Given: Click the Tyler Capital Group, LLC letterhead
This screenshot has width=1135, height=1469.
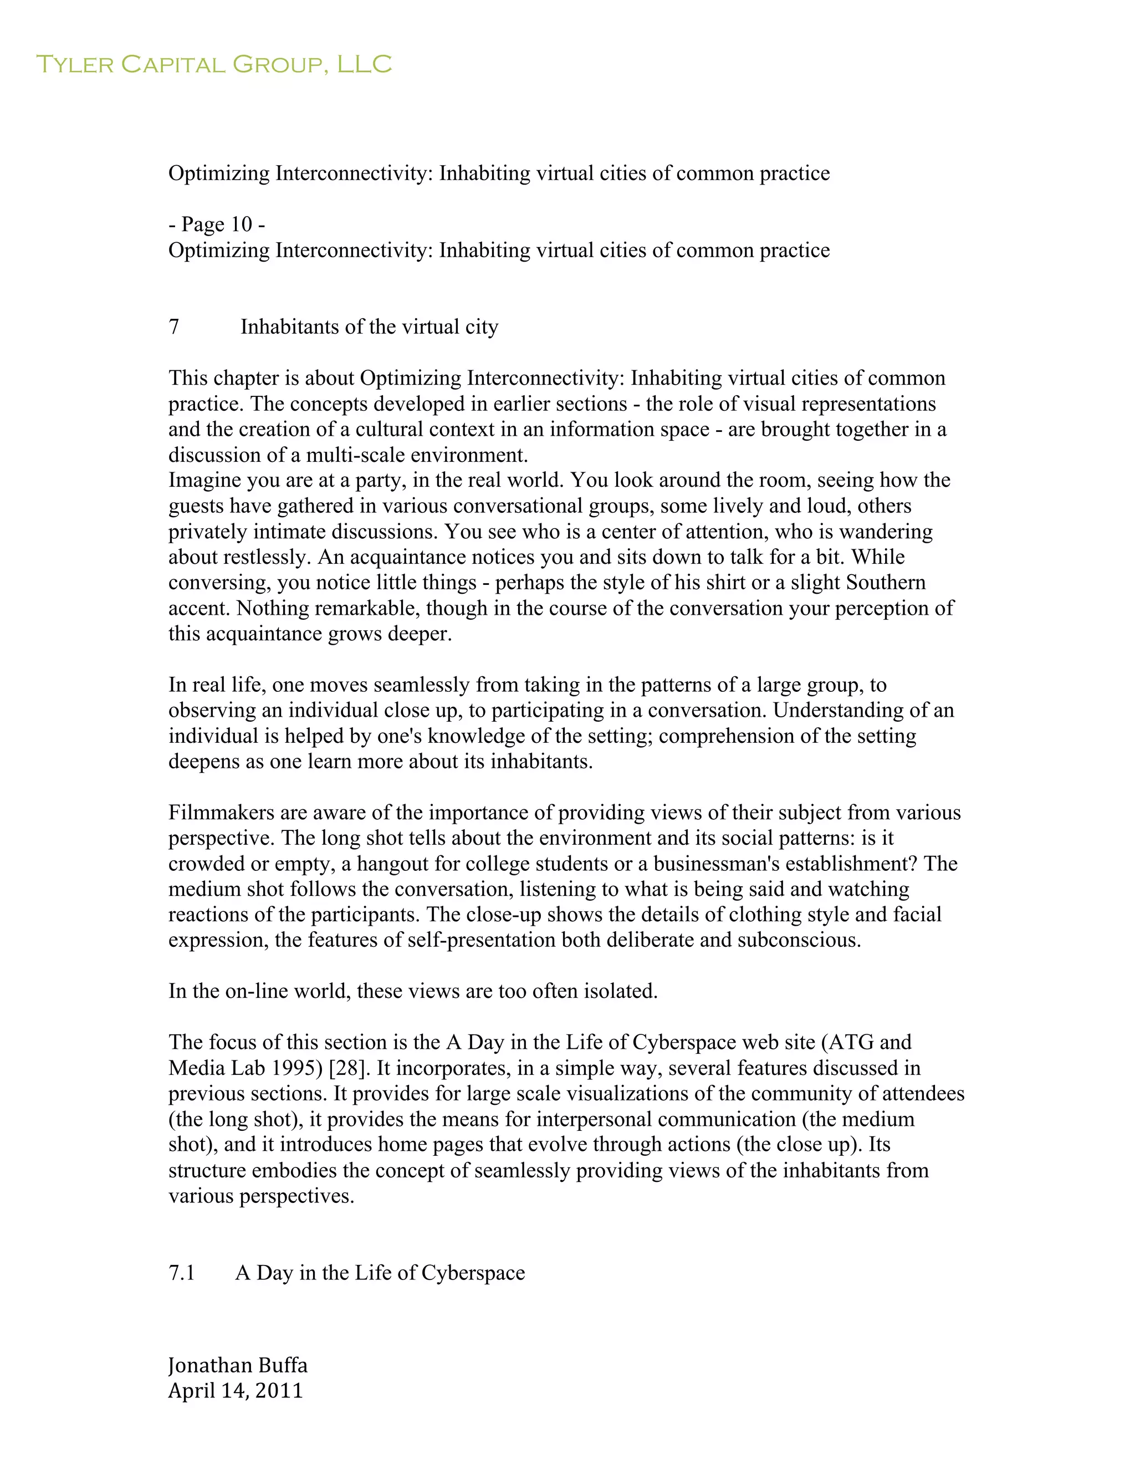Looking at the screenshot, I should coord(213,64).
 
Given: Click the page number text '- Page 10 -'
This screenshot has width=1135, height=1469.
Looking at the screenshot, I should coord(217,224).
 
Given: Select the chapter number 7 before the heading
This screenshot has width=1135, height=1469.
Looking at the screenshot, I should coord(173,327).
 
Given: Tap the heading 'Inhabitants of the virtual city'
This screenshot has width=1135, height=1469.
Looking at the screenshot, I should coord(369,327).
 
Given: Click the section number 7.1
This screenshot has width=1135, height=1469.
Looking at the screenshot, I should coord(182,1273).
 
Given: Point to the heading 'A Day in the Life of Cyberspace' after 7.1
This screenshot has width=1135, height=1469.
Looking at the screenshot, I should coord(380,1273).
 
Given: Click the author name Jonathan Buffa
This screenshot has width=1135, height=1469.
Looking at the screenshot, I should coord(238,1365).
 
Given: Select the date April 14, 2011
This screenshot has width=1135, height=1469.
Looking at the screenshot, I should coord(236,1390).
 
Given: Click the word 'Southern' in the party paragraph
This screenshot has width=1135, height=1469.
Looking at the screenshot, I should coord(886,583).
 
